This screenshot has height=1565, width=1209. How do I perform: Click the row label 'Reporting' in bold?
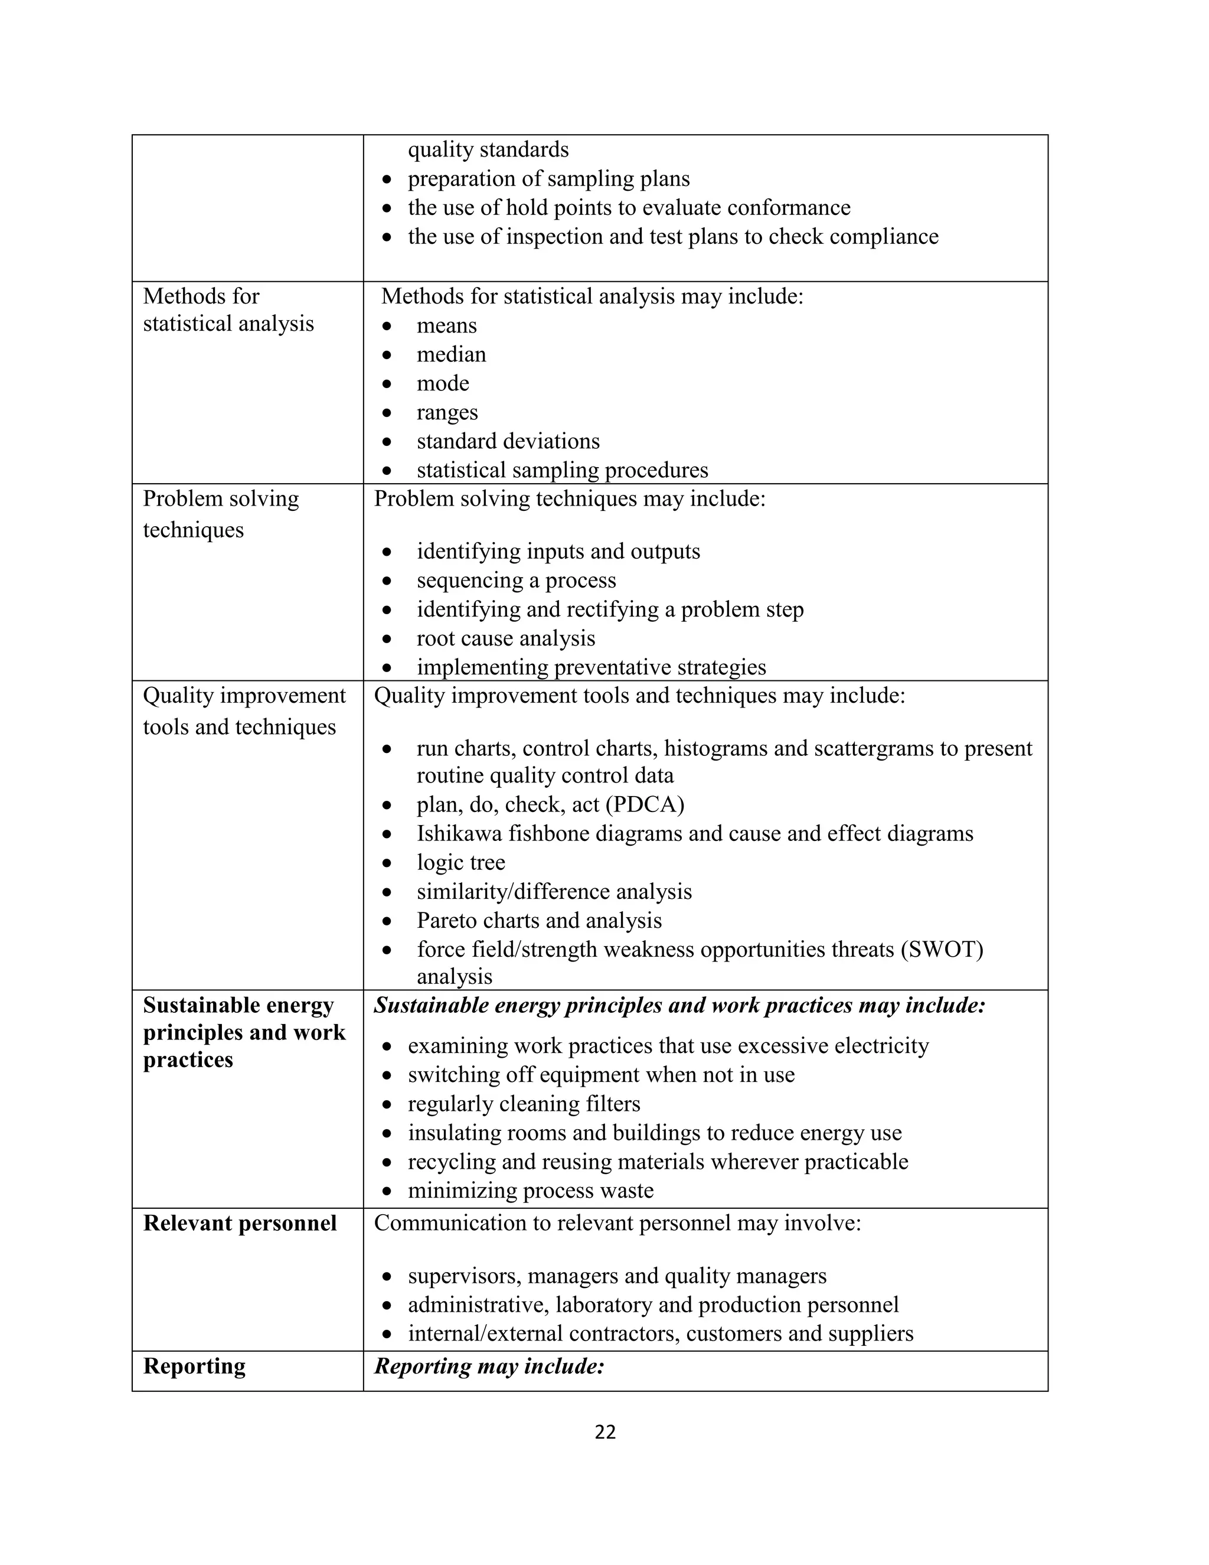[194, 1366]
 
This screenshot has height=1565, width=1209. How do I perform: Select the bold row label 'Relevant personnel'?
[239, 1222]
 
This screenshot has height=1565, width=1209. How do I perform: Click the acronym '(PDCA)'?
[645, 804]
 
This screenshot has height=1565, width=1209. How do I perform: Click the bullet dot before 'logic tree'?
[387, 863]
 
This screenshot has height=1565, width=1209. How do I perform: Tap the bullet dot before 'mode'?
[387, 384]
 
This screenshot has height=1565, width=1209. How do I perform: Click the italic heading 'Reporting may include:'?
[489, 1366]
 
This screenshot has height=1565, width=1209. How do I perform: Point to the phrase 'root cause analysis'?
[506, 638]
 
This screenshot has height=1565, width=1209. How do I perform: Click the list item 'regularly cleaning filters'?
[524, 1104]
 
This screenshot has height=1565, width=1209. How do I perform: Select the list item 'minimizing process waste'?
[530, 1190]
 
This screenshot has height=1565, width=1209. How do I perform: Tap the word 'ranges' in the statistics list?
[447, 412]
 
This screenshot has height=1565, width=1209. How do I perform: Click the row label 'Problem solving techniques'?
[221, 513]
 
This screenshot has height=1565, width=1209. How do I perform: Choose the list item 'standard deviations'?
[508, 441]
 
